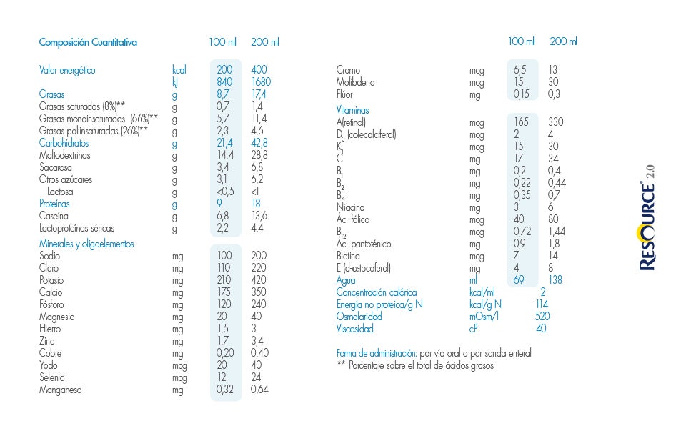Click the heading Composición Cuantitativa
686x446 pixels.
[x=88, y=42]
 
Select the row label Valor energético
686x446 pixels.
[x=67, y=70]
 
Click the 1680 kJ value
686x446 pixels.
[x=261, y=82]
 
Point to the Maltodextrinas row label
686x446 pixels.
[x=65, y=155]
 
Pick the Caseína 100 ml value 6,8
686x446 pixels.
[x=224, y=216]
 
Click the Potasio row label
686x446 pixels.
[x=51, y=280]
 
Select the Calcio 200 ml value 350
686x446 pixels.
[x=259, y=292]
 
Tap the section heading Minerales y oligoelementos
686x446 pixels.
[x=86, y=244]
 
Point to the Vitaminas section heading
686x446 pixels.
[x=352, y=110]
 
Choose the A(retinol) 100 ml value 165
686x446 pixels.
[x=522, y=122]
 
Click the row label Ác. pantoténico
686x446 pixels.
[x=364, y=244]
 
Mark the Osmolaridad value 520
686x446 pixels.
[x=542, y=317]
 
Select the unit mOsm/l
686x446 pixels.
[x=484, y=317]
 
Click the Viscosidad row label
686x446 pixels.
[x=354, y=329]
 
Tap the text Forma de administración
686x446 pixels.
[x=376, y=353]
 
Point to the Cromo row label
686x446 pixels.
[x=348, y=70]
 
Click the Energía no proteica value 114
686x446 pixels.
[x=542, y=304]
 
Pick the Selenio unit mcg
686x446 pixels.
[x=179, y=377]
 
